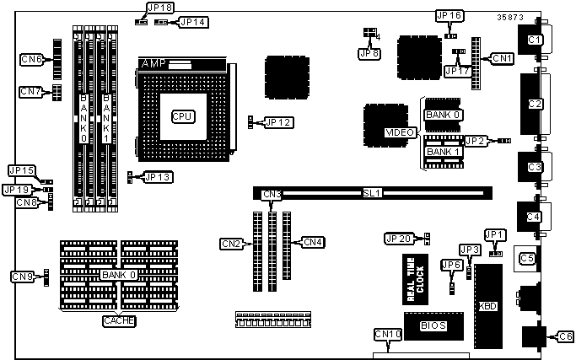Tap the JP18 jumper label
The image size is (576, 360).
coord(160,8)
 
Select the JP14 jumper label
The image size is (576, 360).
coord(192,21)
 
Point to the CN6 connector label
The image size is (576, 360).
coord(32,59)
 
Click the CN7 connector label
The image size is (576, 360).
coord(30,91)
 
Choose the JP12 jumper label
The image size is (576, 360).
coord(277,122)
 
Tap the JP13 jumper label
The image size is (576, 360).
coord(158,177)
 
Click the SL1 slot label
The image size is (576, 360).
coord(372,193)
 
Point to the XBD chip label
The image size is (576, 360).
coord(487,305)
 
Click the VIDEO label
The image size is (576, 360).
coord(399,133)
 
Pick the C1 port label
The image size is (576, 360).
coord(535,40)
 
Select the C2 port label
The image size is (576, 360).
coord(535,104)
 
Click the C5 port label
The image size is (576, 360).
coord(528,258)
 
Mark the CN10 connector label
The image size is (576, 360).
coord(387,335)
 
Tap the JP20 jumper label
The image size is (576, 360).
coord(399,239)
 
